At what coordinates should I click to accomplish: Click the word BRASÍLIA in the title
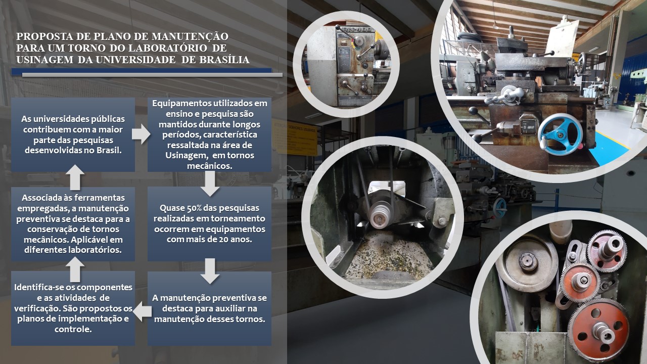[224, 60]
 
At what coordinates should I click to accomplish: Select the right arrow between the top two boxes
[141, 134]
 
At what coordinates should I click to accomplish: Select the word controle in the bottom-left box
[73, 329]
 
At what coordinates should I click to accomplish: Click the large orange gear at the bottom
[598, 330]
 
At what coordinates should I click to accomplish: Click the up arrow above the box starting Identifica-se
[75, 269]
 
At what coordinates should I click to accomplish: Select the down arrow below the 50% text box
[210, 271]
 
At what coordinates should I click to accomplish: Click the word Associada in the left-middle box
[41, 198]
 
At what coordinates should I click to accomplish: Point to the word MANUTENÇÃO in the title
[190, 36]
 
